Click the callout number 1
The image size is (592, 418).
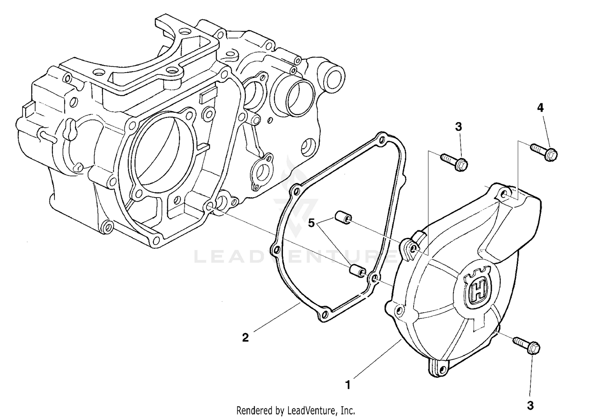348,384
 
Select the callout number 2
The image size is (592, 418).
245,338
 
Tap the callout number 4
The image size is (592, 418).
540,108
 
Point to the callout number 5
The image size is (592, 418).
312,224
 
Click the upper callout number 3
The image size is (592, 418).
458,127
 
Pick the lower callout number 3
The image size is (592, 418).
530,405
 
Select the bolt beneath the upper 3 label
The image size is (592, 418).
454,161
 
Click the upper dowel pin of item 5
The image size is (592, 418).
341,218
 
